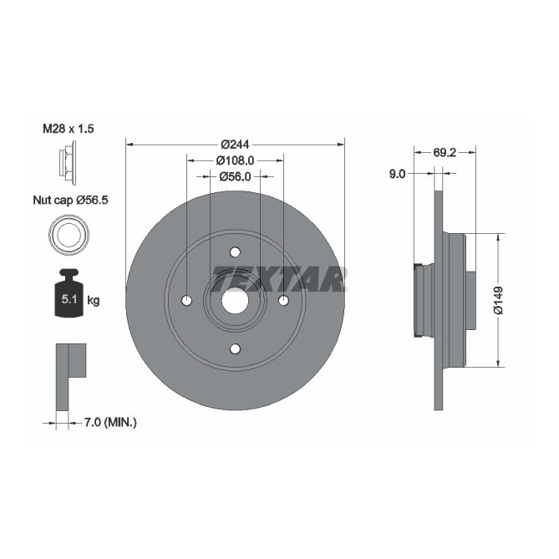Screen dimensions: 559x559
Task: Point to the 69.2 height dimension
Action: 445,154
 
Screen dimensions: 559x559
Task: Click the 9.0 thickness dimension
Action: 397,174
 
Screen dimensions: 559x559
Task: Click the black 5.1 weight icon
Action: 68,295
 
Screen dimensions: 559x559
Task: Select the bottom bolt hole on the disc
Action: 235,348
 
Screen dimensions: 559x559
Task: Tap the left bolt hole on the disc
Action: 186,301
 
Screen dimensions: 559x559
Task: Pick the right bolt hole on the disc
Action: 283,301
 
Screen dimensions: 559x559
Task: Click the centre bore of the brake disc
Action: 235,301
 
